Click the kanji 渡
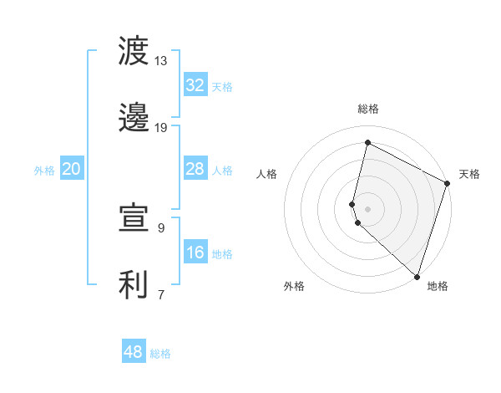pyautogui.click(x=134, y=52)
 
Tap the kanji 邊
pyautogui.click(x=134, y=118)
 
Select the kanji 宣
pyautogui.click(x=134, y=218)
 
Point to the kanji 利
pyautogui.click(x=134, y=284)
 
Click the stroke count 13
pyautogui.click(x=160, y=61)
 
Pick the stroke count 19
pyautogui.click(x=160, y=127)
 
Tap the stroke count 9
pyautogui.click(x=160, y=227)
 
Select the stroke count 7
pyautogui.click(x=160, y=293)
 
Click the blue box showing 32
pyautogui.click(x=195, y=85)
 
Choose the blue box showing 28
pyautogui.click(x=195, y=169)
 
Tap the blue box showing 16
pyautogui.click(x=195, y=253)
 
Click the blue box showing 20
pyautogui.click(x=71, y=169)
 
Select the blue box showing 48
pyautogui.click(x=133, y=352)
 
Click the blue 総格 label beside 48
pyautogui.click(x=160, y=354)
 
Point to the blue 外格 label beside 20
pyautogui.click(x=44, y=171)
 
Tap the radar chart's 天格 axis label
pyautogui.click(x=469, y=174)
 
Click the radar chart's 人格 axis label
pyautogui.click(x=266, y=174)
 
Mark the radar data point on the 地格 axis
pyautogui.click(x=417, y=276)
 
